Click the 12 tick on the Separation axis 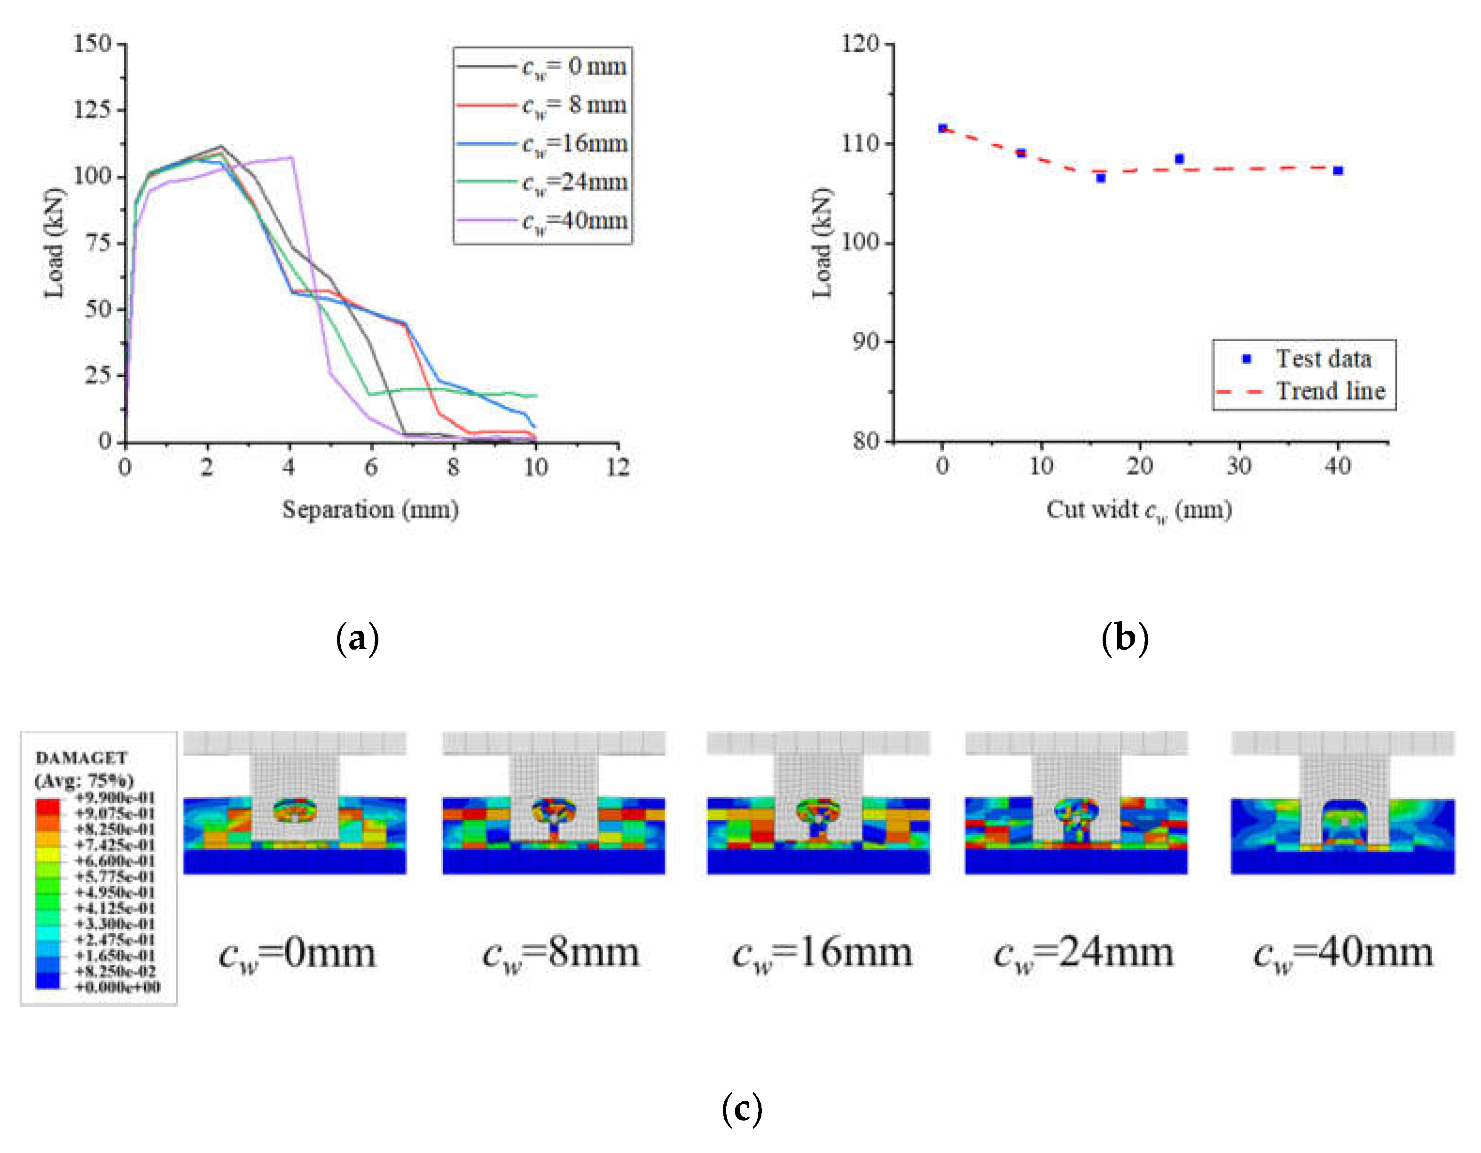618,467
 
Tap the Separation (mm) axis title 370,510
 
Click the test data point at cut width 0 942,128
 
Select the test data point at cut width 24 1179,159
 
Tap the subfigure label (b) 1125,638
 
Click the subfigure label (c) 742,1110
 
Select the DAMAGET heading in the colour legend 81,758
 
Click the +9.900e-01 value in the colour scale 115,798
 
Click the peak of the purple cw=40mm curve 291,157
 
